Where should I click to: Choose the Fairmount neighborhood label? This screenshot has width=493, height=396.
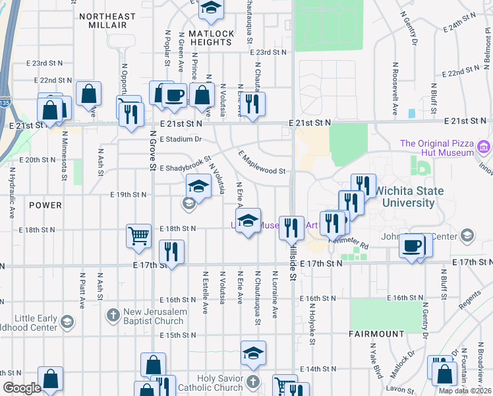[377, 334]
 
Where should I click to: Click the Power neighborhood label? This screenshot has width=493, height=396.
[45, 205]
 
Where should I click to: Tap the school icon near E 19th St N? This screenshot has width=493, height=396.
[198, 186]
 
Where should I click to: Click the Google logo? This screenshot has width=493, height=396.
[22, 388]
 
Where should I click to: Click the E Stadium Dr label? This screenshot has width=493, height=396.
[181, 139]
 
